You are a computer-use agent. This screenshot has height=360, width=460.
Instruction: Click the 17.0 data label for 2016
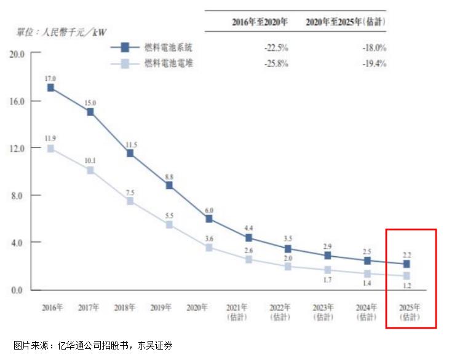click(50, 79)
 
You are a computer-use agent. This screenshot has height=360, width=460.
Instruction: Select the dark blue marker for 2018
click(130, 153)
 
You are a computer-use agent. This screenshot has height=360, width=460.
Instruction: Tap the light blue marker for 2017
click(90, 170)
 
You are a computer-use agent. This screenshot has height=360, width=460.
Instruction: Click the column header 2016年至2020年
click(260, 22)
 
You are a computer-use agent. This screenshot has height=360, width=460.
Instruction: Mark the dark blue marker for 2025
click(406, 264)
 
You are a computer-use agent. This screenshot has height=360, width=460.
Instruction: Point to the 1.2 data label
click(406, 285)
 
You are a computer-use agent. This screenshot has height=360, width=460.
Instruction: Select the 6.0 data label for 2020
click(209, 209)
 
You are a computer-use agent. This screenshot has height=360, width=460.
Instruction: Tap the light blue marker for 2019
click(170, 225)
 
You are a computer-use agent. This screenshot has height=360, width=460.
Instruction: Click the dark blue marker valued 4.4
click(248, 238)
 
